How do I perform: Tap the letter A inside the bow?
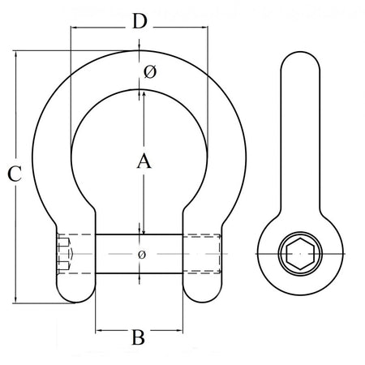[143, 162]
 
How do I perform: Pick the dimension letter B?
[138, 336]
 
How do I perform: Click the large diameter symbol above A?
[148, 73]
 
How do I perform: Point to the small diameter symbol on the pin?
[142, 255]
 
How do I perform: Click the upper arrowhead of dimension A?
[144, 92]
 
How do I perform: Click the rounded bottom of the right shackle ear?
[202, 297]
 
